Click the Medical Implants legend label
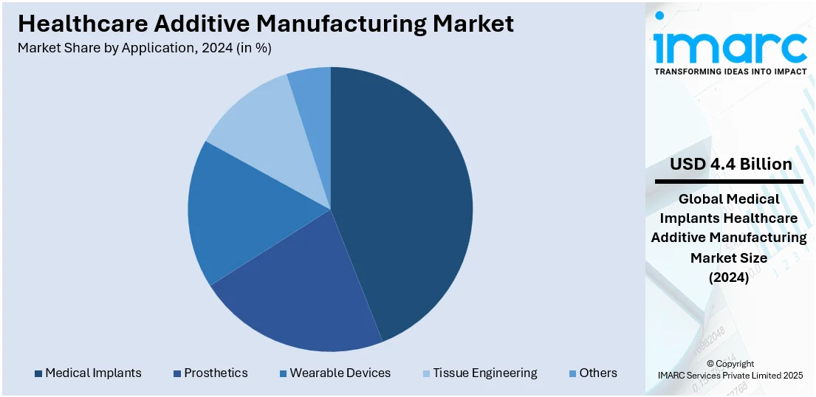(x=93, y=373)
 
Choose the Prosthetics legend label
(x=216, y=373)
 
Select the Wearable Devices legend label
(x=340, y=373)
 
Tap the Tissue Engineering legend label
(x=485, y=373)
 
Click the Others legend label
(x=598, y=373)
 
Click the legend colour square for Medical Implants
(x=38, y=373)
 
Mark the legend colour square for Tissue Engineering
(x=426, y=373)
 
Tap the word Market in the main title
(x=473, y=24)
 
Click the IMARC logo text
(x=730, y=46)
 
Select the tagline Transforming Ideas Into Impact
(x=730, y=72)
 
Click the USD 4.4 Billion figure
(x=730, y=164)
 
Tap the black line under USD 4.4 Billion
(x=729, y=182)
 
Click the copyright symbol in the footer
(x=710, y=364)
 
